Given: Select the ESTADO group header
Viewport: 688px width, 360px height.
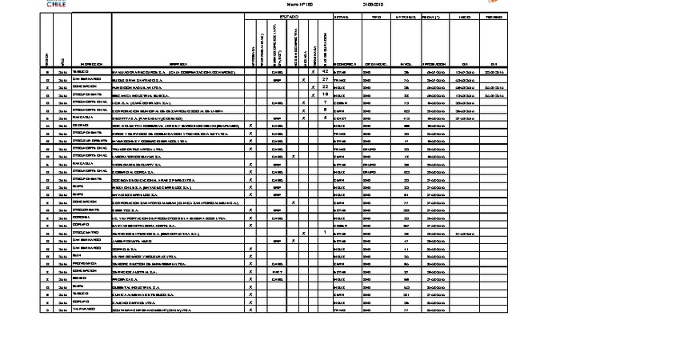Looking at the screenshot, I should [x=289, y=17].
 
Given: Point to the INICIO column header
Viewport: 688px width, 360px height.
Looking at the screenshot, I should [x=464, y=17].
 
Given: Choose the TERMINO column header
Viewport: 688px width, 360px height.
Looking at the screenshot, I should [x=494, y=17].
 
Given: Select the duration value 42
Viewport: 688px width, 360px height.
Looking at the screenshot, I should [x=325, y=72].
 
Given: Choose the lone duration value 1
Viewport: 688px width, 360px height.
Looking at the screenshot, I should [x=325, y=233].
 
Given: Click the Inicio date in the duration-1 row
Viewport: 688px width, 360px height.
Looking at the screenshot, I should [x=464, y=233].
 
